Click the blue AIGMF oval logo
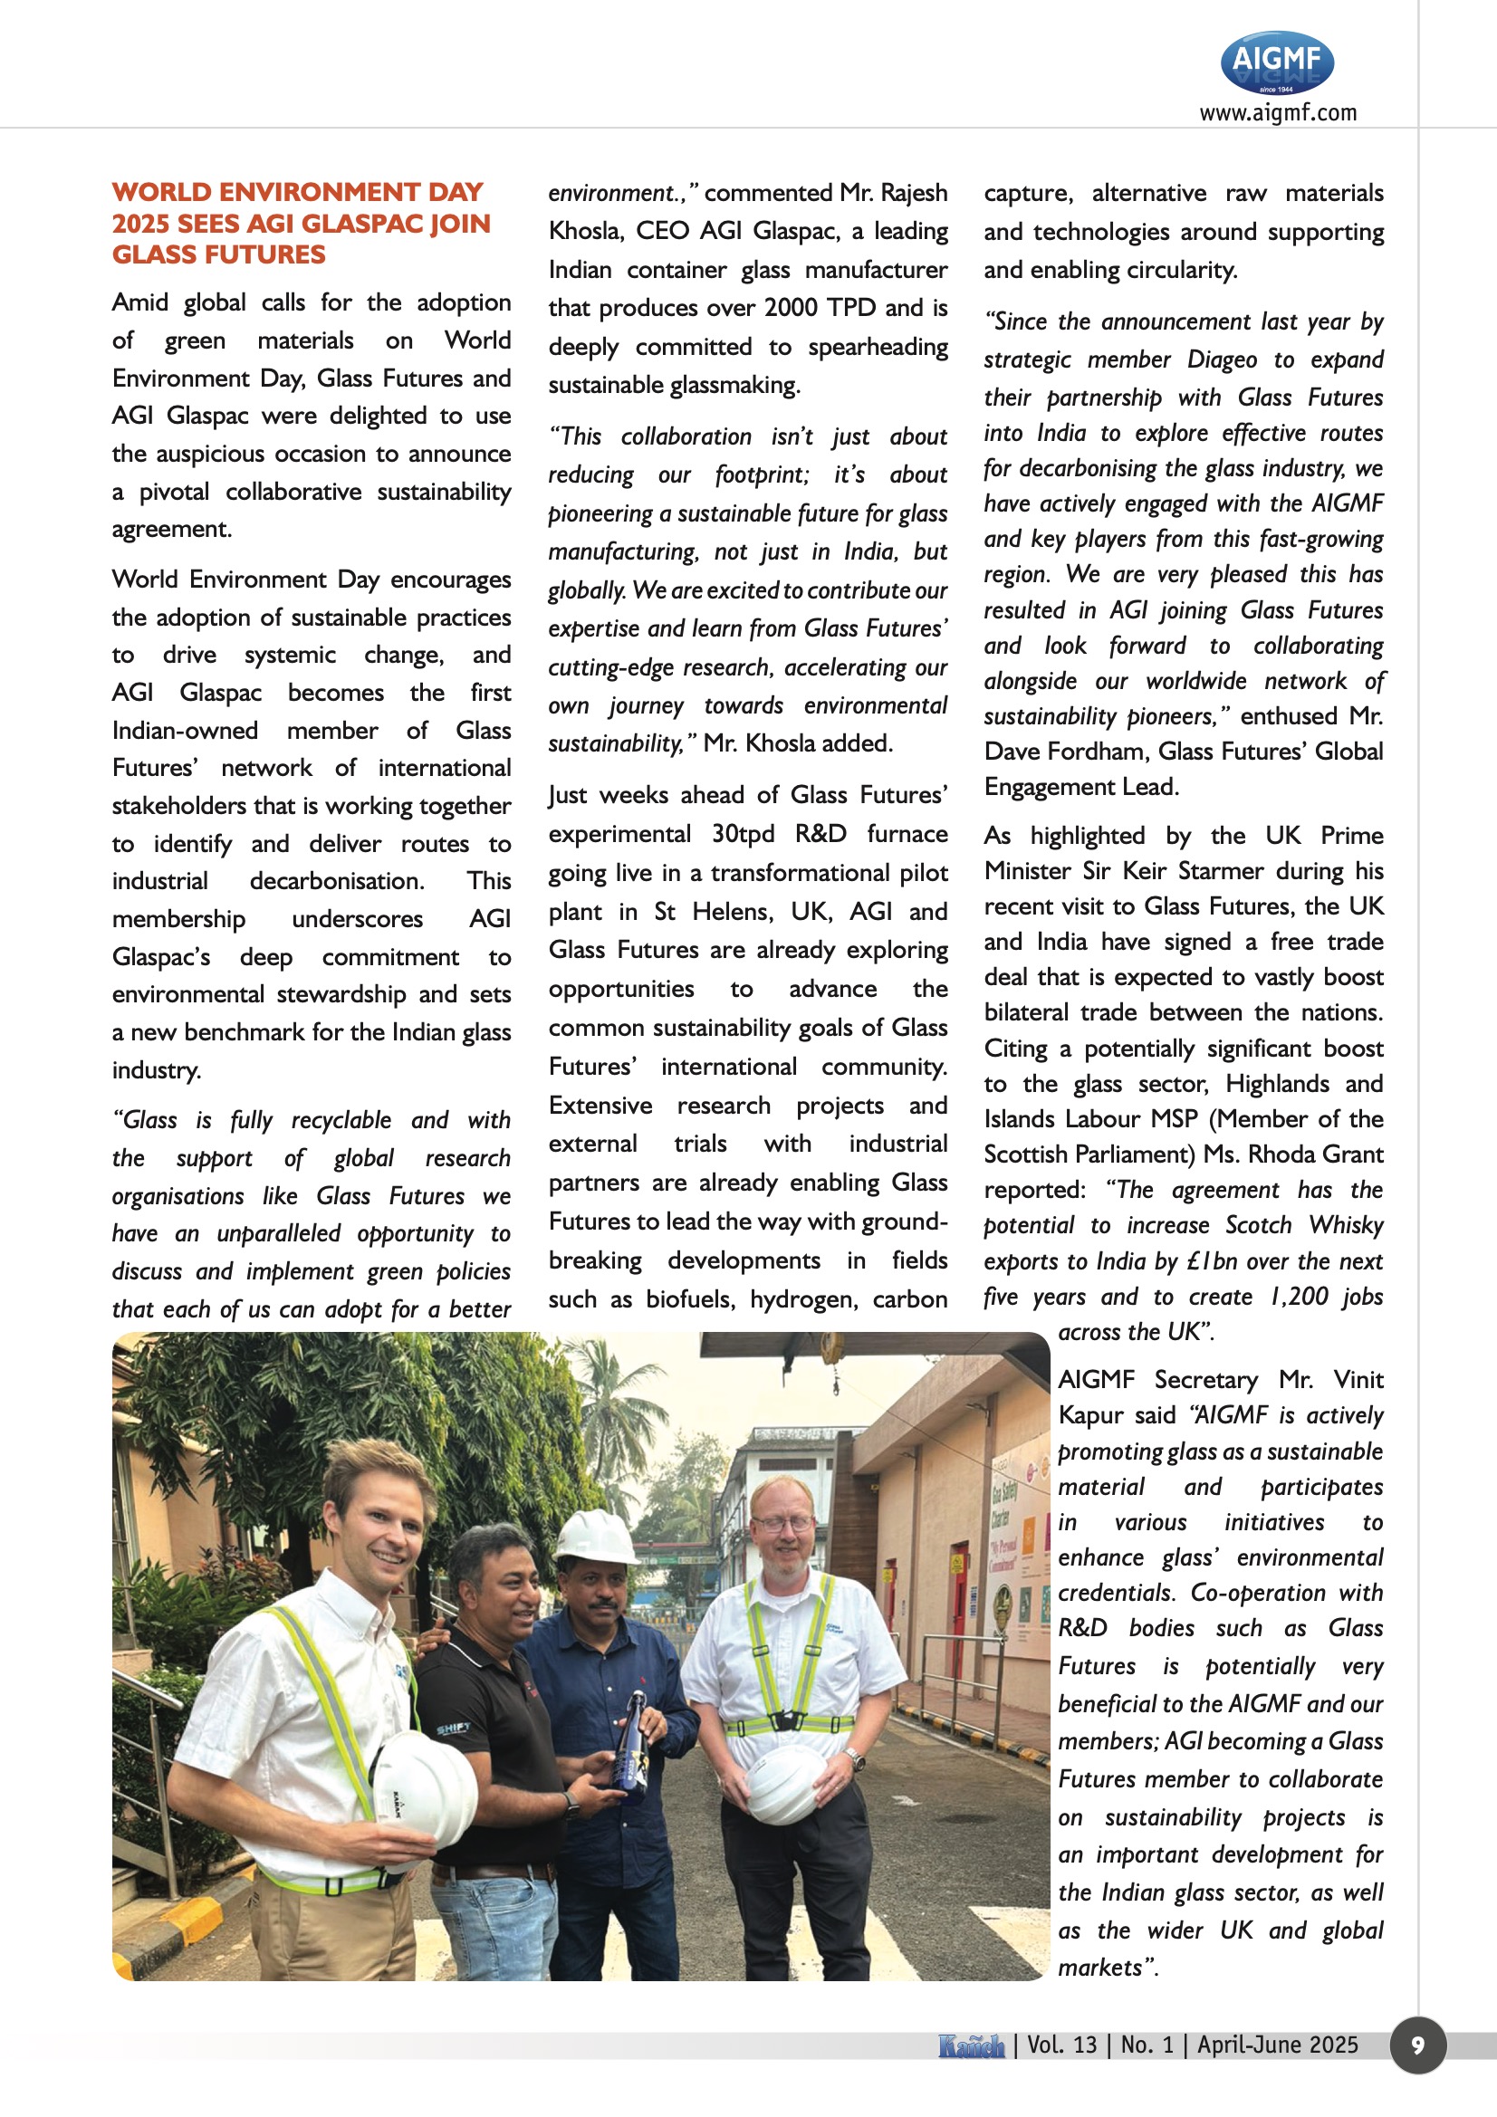[x=1277, y=62]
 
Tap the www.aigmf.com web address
[x=1278, y=112]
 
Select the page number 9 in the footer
[x=1417, y=2045]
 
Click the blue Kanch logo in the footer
[x=970, y=2046]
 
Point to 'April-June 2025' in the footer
[x=1278, y=2045]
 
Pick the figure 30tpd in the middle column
[x=743, y=834]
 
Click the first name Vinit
[x=1358, y=1379]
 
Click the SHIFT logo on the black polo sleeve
[x=453, y=1728]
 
